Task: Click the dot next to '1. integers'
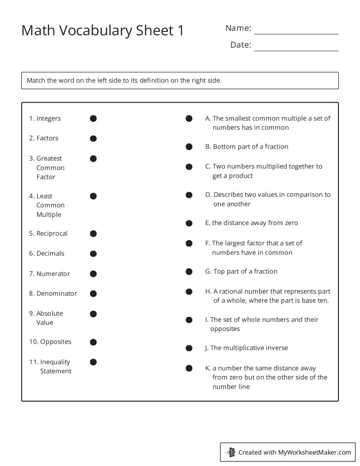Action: tap(93, 118)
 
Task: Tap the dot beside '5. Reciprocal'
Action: tap(93, 233)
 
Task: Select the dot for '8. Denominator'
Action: tap(93, 293)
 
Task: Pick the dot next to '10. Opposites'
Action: tap(93, 342)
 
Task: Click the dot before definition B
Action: tap(189, 147)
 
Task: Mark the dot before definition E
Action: tap(189, 223)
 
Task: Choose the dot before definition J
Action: tap(189, 348)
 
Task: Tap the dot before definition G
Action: tap(189, 271)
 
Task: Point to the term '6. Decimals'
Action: tap(47, 253)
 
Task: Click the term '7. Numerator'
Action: tap(49, 274)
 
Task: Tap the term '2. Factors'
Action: tap(44, 138)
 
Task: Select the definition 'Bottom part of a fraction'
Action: tap(250, 147)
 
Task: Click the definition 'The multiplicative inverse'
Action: tap(249, 348)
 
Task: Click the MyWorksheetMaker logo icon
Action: tap(230, 452)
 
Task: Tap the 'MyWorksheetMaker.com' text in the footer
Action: tap(315, 452)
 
